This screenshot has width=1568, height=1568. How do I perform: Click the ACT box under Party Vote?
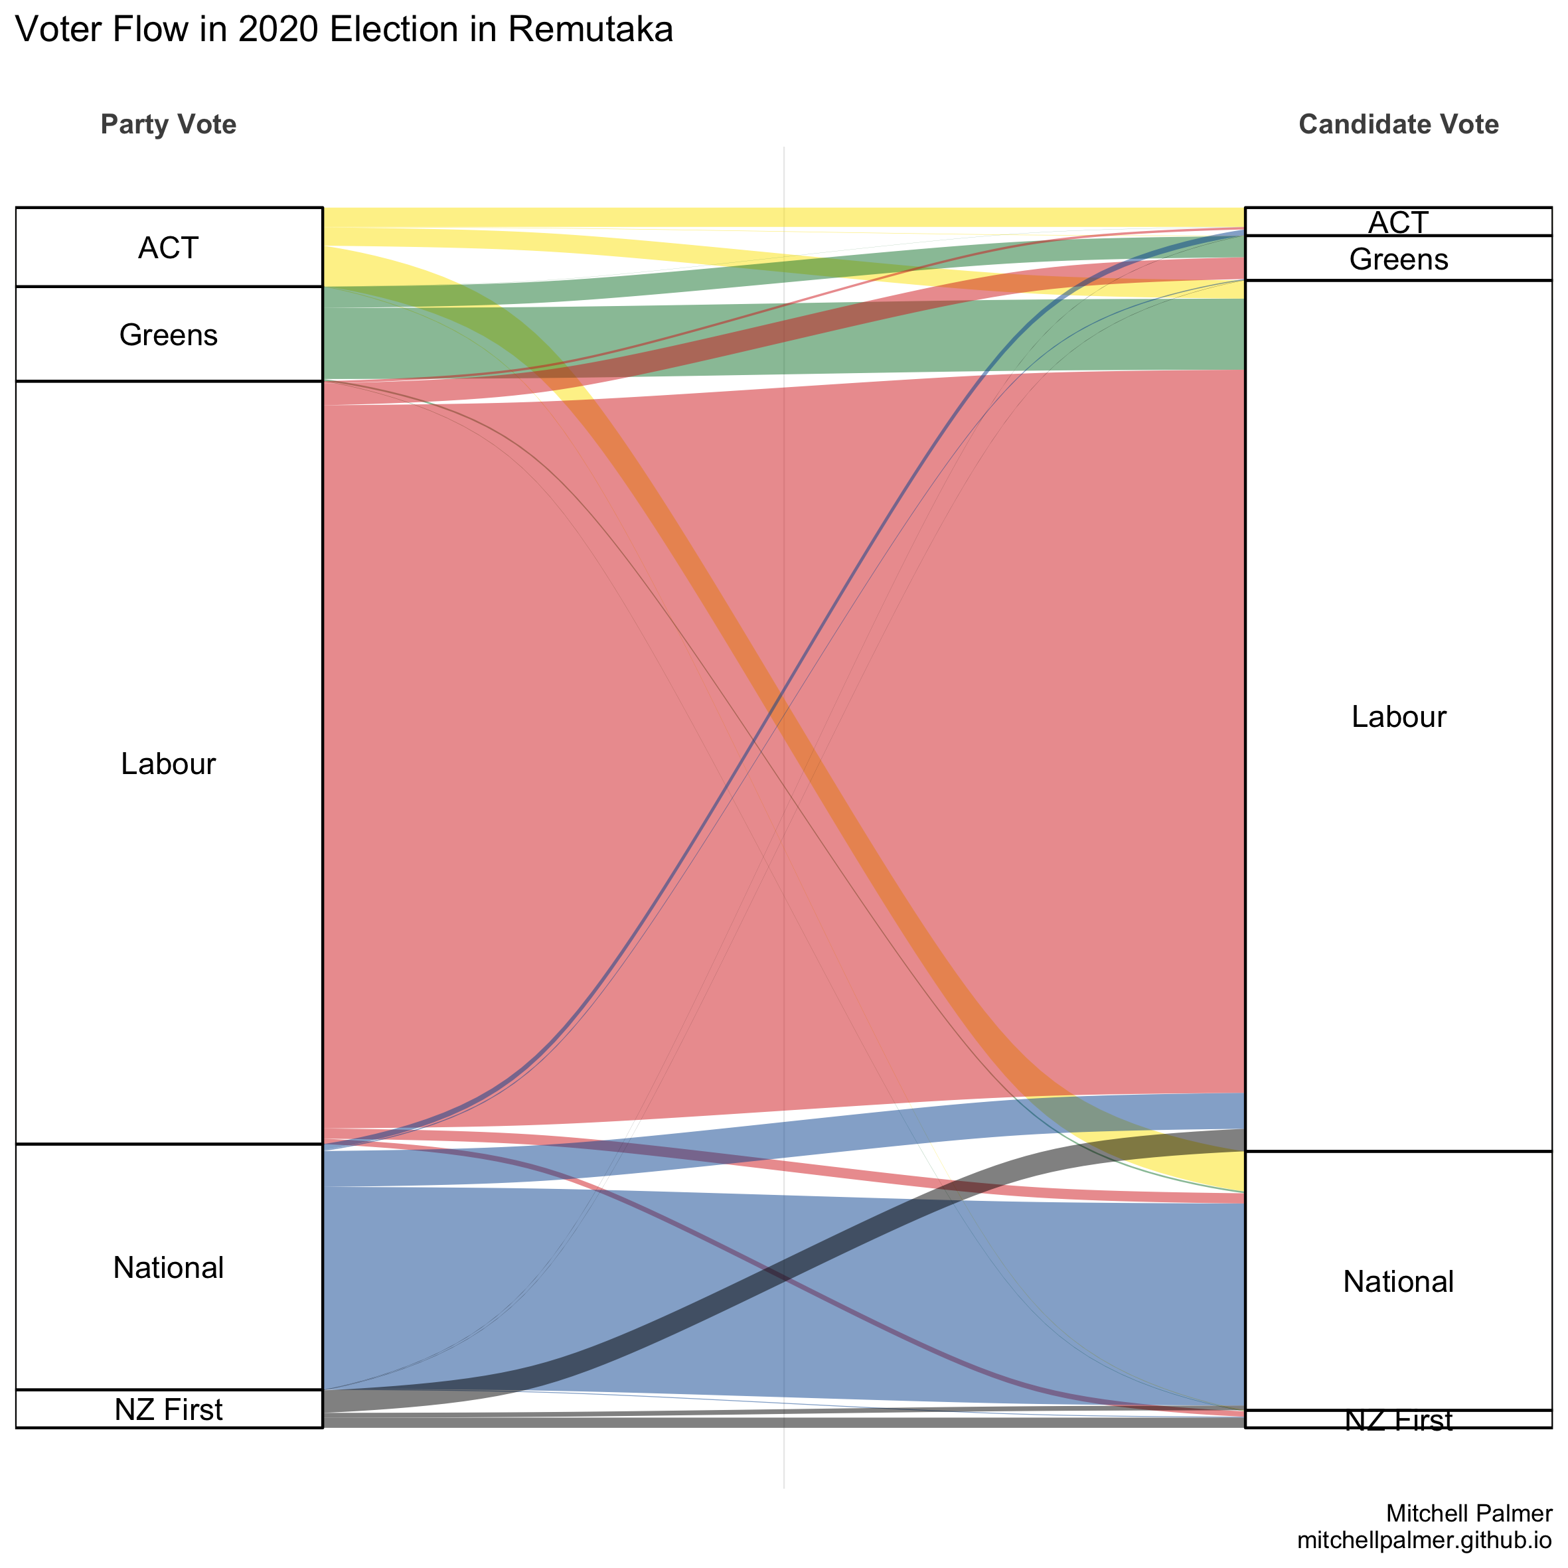pyautogui.click(x=169, y=247)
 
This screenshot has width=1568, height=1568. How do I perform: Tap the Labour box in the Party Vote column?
pyautogui.click(x=169, y=763)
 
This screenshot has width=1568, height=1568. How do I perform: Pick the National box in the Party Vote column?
pyautogui.click(x=169, y=1267)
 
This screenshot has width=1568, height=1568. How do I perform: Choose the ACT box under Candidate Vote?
pyautogui.click(x=1397, y=222)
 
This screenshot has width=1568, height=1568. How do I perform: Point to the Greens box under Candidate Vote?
pyautogui.click(x=1397, y=258)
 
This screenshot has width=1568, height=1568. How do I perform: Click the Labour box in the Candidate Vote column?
pyautogui.click(x=1397, y=716)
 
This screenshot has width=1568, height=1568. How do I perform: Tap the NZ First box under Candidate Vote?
pyautogui.click(x=1397, y=1419)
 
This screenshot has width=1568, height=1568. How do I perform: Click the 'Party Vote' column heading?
pyautogui.click(x=169, y=124)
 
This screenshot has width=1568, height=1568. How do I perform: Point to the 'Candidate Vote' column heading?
pyautogui.click(x=1397, y=124)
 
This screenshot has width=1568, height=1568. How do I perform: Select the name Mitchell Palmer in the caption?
pyautogui.click(x=1469, y=1513)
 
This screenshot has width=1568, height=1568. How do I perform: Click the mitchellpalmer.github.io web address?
pyautogui.click(x=1425, y=1539)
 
